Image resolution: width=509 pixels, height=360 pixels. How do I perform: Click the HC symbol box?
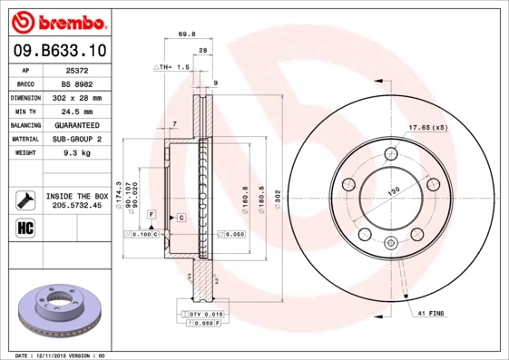(x=24, y=228)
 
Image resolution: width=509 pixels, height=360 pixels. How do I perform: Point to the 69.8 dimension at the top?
(x=186, y=34)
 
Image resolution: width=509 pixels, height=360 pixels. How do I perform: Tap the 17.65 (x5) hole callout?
(x=428, y=127)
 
